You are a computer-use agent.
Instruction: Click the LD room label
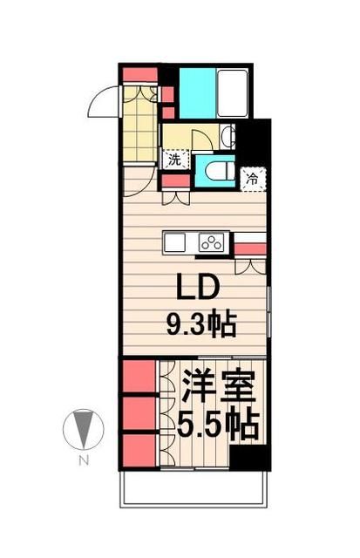(195, 289)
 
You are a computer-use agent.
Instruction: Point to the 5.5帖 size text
(218, 425)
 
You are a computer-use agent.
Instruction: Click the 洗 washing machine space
(174, 160)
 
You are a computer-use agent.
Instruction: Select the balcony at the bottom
(195, 493)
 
